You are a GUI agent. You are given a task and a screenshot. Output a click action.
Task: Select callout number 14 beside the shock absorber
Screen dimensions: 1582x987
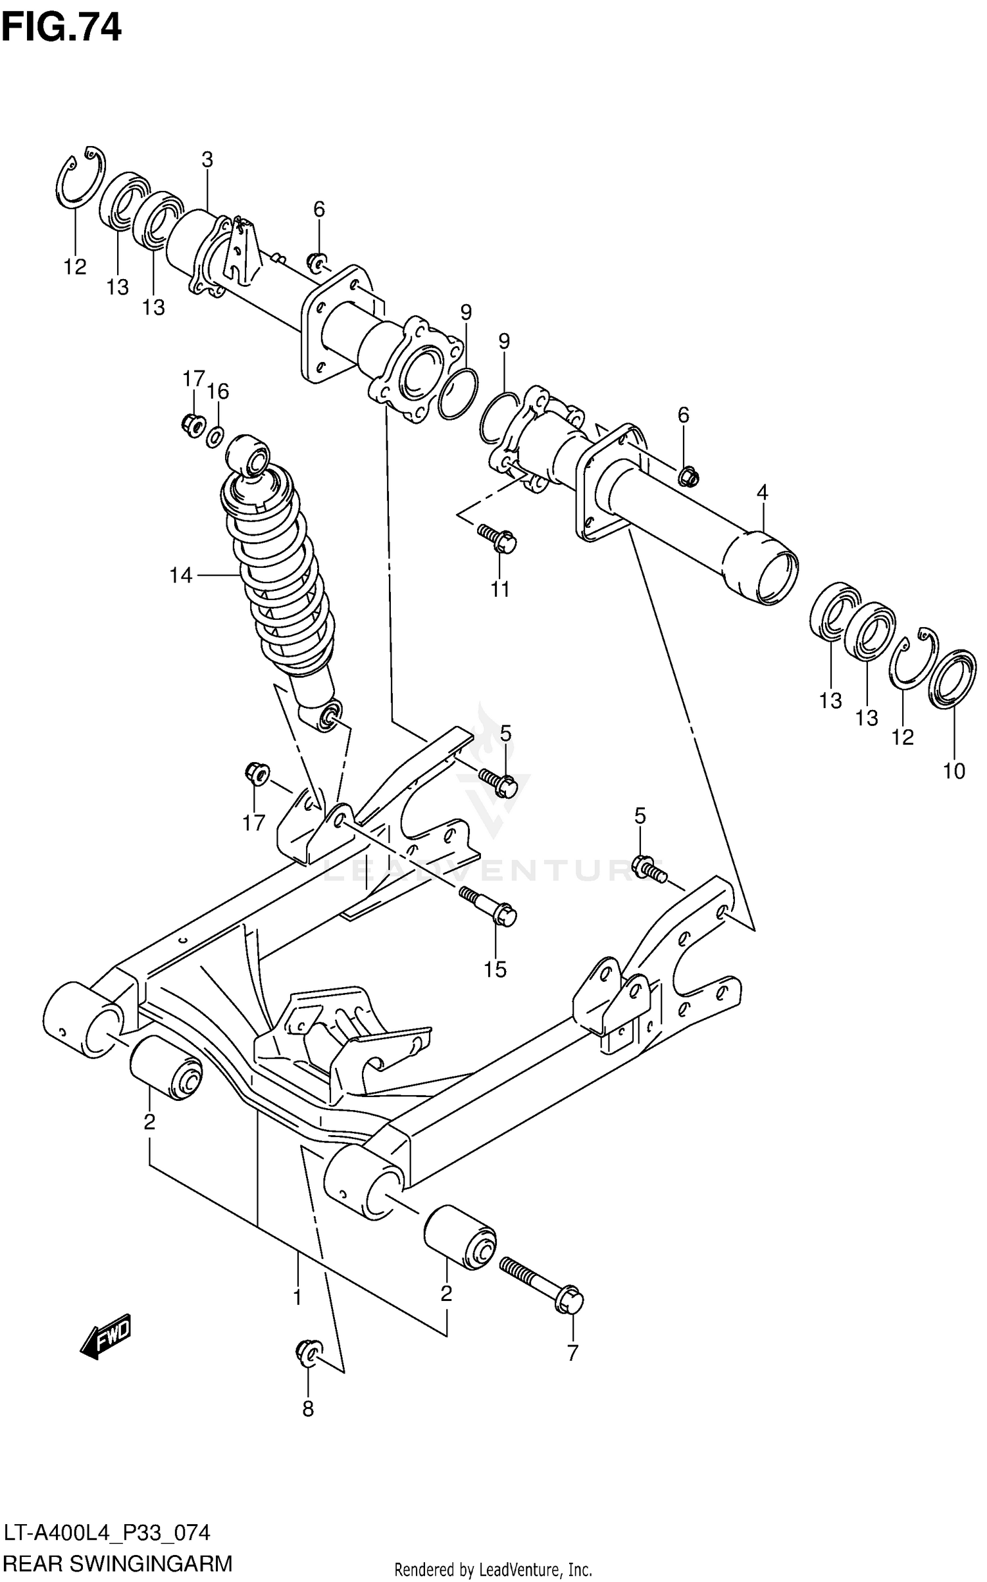(x=180, y=576)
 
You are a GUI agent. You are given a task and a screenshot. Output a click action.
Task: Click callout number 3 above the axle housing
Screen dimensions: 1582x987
(x=207, y=160)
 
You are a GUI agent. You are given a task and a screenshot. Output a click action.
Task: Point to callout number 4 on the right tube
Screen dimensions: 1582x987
(x=762, y=492)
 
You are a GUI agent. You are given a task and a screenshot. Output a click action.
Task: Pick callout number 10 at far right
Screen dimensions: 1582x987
(x=954, y=771)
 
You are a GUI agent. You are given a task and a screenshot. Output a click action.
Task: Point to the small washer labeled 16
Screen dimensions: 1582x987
(x=215, y=436)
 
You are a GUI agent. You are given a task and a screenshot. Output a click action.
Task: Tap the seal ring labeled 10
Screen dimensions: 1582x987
(x=953, y=680)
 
